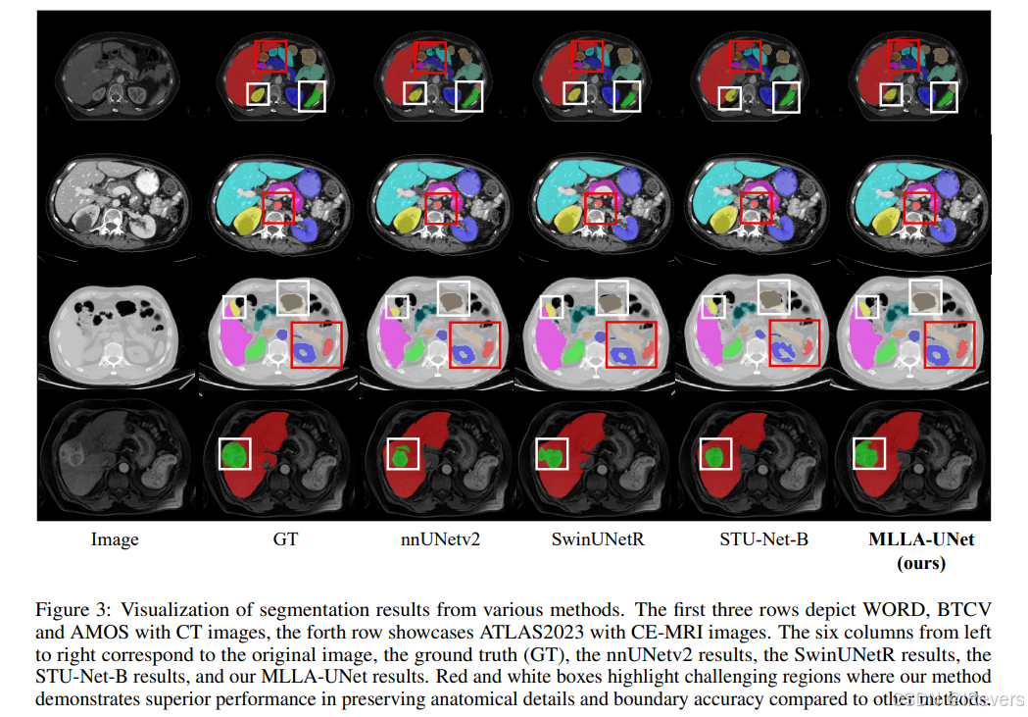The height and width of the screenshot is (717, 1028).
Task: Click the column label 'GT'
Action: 285,539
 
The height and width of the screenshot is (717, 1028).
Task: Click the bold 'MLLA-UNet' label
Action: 921,539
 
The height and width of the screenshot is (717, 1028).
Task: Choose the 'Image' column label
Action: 115,539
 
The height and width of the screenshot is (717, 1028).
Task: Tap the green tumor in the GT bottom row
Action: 233,454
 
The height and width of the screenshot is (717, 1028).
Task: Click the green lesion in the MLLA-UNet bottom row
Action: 867,454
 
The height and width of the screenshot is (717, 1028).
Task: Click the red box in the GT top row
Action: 269,55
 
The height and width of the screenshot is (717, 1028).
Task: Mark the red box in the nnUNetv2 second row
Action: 439,208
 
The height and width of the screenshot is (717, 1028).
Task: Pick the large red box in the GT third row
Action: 316,343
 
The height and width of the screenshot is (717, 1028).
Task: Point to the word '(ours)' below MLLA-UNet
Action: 921,563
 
